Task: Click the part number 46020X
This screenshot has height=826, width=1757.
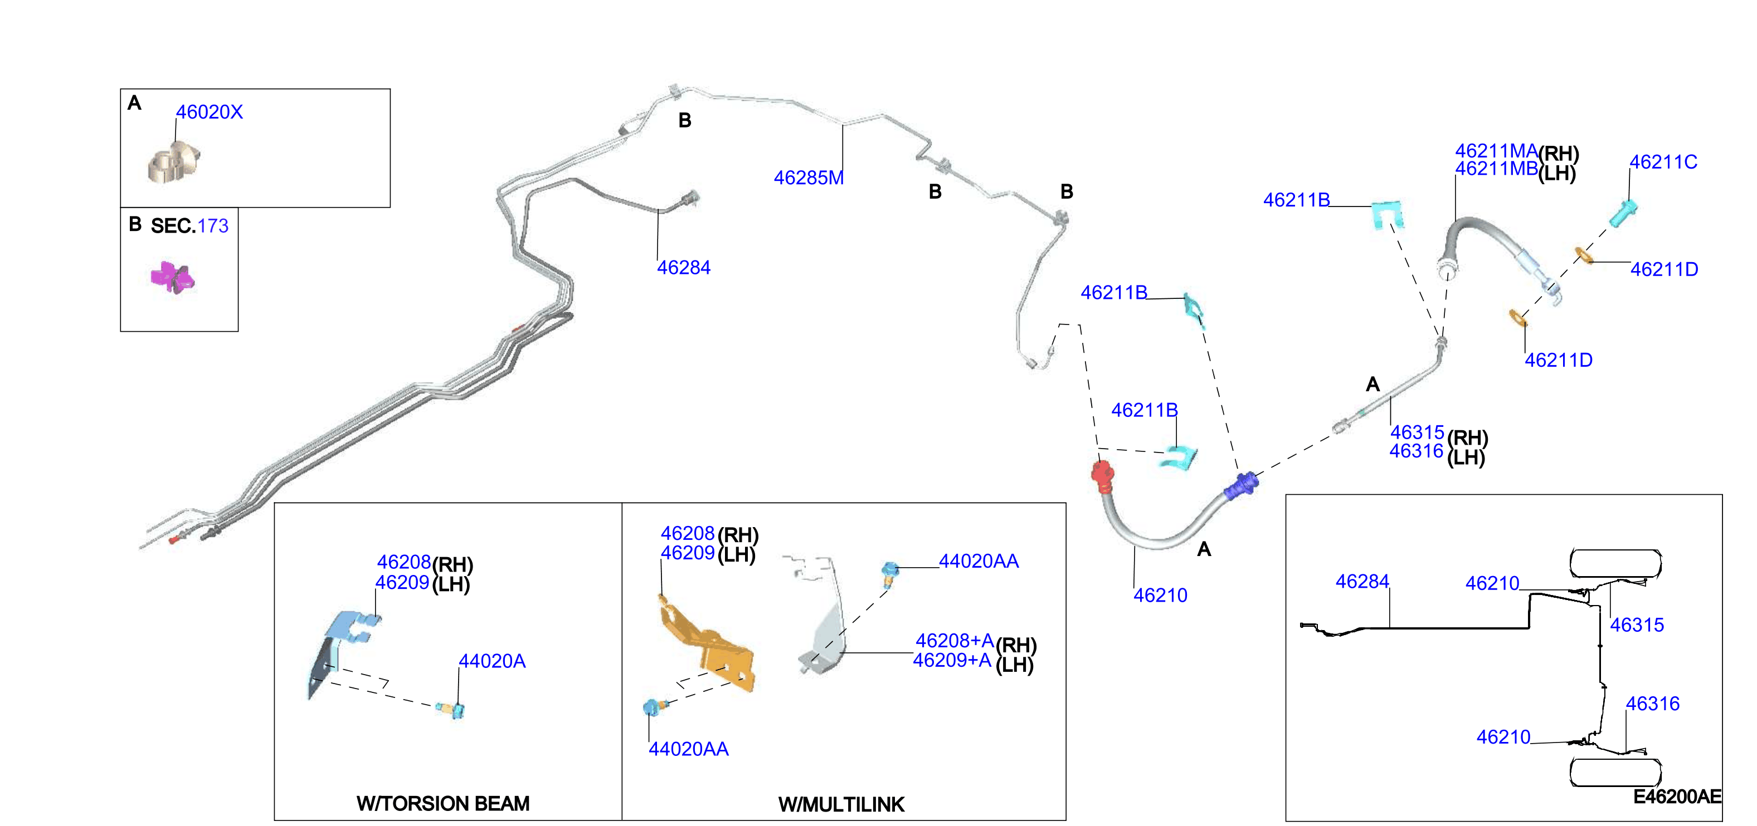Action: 210,112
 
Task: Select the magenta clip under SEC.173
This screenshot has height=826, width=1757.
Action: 173,277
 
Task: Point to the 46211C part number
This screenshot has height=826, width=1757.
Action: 1663,162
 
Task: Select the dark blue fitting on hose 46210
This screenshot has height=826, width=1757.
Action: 1242,486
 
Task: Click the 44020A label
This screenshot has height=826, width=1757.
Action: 491,661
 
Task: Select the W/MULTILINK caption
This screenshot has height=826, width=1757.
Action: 841,805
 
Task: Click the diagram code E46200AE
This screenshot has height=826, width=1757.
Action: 1677,796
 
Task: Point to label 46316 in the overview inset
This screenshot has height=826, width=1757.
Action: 1653,704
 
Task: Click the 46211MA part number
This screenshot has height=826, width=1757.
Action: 1496,151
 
